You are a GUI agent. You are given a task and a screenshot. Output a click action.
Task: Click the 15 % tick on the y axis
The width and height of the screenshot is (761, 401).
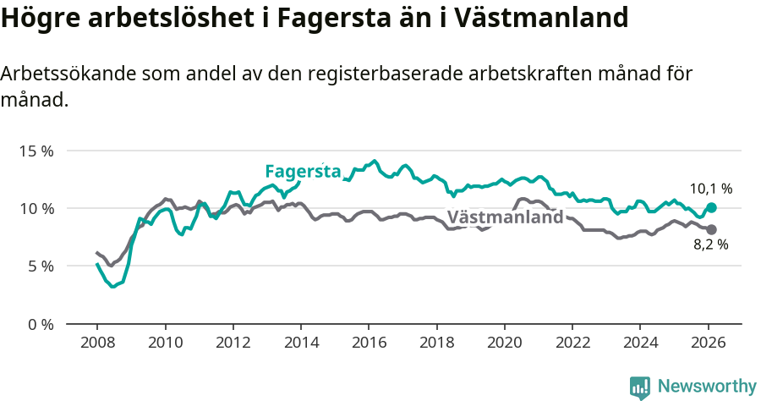click(35, 151)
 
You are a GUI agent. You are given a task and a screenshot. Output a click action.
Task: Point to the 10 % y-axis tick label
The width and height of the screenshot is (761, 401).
click(35, 208)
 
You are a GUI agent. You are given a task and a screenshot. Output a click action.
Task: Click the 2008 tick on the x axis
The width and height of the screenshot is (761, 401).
click(97, 344)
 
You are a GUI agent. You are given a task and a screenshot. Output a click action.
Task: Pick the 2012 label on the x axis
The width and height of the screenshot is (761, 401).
click(233, 344)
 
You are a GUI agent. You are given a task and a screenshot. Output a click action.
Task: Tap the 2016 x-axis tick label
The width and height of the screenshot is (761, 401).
click(369, 344)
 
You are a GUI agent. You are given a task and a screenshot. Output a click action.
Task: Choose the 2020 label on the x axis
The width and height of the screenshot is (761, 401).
click(504, 344)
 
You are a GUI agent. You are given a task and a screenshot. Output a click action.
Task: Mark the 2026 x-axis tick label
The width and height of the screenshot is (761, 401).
click(708, 344)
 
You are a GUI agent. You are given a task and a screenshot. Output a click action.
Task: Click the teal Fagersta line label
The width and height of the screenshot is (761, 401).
click(303, 171)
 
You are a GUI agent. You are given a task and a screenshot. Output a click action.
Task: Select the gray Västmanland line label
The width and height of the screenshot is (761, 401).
click(505, 217)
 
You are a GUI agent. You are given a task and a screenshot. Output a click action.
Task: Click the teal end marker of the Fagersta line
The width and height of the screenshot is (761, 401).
click(711, 207)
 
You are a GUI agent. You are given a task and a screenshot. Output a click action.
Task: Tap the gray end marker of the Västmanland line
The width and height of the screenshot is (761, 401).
click(711, 229)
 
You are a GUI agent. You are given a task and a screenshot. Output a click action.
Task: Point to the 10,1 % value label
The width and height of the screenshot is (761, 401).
click(710, 189)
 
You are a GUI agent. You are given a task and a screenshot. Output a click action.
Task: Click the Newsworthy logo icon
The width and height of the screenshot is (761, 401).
click(640, 387)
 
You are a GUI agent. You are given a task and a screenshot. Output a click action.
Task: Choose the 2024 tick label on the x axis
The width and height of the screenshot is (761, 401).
click(640, 344)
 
